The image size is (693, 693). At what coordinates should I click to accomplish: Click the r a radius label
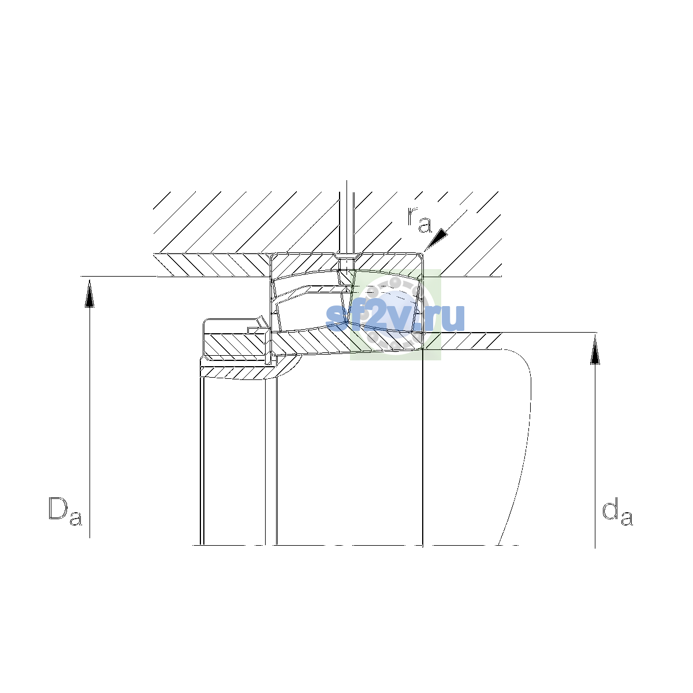(419, 219)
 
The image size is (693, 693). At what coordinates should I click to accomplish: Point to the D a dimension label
(65, 511)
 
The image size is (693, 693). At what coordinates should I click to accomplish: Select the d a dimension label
(617, 511)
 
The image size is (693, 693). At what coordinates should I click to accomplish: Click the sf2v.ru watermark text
(395, 318)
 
